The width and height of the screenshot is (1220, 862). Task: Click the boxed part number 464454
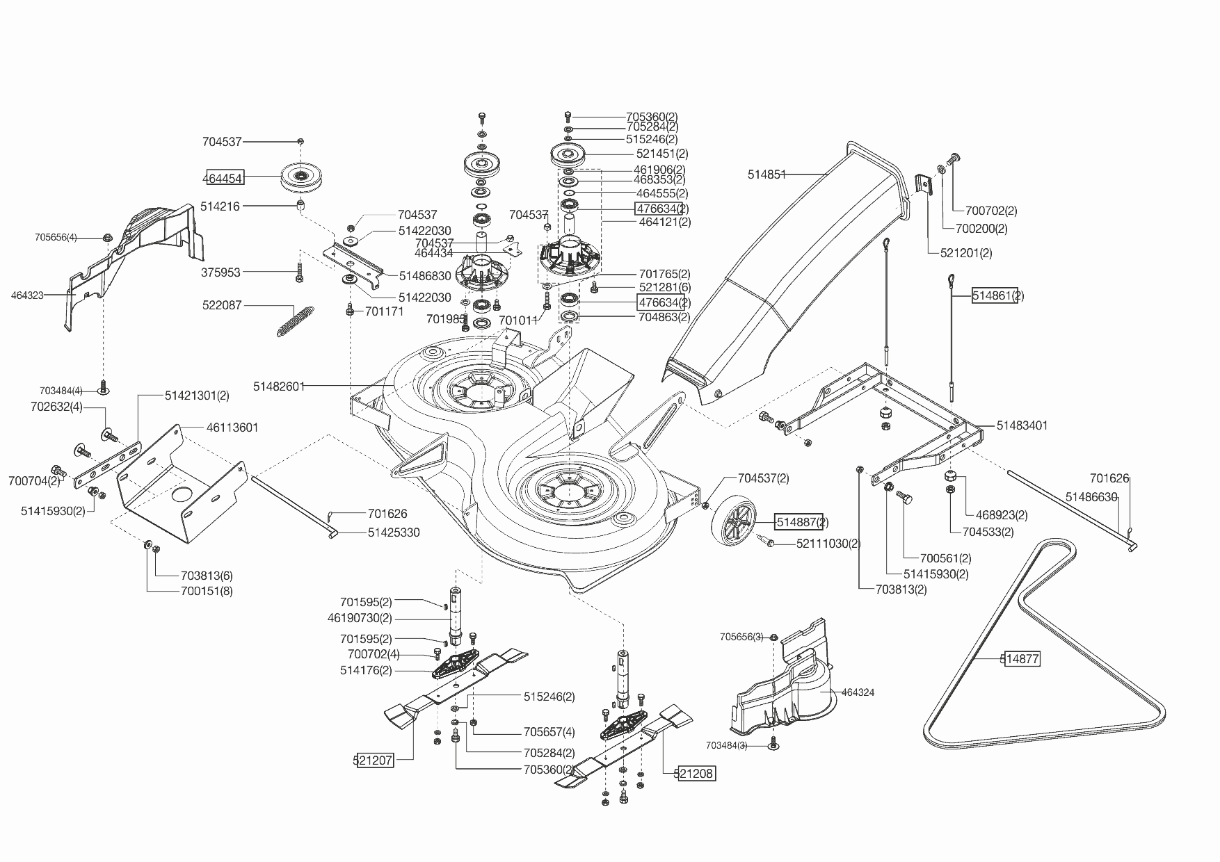click(223, 179)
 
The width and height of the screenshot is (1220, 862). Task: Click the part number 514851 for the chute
click(766, 175)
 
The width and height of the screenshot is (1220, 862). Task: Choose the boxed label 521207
click(374, 761)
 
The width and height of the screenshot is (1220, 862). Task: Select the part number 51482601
click(279, 387)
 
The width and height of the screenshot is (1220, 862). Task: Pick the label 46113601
click(232, 428)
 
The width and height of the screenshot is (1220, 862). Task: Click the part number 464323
click(27, 295)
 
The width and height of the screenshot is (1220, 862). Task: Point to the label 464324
click(858, 692)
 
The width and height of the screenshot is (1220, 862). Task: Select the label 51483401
click(1022, 425)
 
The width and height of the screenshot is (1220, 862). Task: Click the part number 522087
click(222, 305)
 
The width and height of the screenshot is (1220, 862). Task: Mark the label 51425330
click(394, 532)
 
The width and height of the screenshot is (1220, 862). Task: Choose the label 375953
click(220, 273)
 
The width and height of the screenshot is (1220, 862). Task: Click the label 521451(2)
click(662, 154)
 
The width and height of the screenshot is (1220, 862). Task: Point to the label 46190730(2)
click(360, 618)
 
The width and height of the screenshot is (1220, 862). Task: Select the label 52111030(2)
click(828, 544)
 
